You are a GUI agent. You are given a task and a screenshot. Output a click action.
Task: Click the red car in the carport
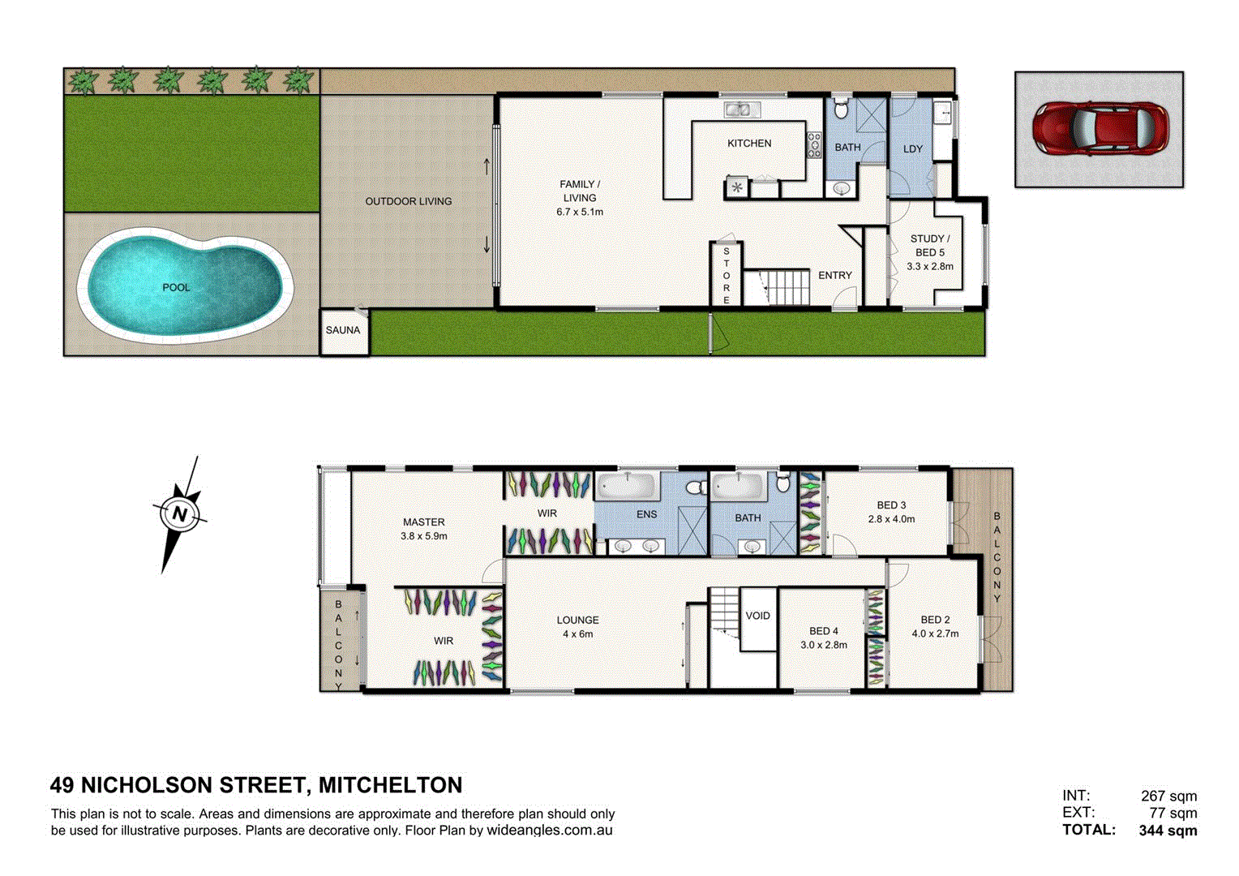click(1100, 127)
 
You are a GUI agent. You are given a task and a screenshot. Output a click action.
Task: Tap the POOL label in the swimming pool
click(176, 287)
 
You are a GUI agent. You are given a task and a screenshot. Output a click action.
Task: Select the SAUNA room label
click(343, 330)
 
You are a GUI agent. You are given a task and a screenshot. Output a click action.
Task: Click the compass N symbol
click(180, 514)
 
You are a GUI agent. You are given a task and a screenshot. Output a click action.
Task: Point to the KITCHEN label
click(749, 144)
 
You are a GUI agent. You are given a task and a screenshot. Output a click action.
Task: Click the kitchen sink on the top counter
click(737, 109)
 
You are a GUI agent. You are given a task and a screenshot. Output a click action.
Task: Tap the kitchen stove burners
click(813, 144)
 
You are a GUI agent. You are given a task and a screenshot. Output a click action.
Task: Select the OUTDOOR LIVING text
click(409, 201)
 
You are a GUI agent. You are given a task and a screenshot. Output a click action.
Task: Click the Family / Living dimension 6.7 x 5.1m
click(580, 212)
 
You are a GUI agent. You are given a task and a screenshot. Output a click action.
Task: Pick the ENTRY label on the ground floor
click(834, 276)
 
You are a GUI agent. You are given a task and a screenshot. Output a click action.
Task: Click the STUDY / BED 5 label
click(930, 245)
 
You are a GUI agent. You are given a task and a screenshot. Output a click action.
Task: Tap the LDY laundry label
click(913, 149)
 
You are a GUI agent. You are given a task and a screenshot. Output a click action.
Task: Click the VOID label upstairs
click(758, 616)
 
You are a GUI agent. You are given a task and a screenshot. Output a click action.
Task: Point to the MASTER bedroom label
click(424, 522)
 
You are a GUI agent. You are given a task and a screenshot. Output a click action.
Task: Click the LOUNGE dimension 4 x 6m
click(578, 634)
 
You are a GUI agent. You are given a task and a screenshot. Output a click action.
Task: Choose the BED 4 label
click(824, 631)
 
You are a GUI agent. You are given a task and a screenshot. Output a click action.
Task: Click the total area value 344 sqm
click(1168, 831)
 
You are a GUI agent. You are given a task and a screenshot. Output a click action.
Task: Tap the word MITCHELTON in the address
click(390, 785)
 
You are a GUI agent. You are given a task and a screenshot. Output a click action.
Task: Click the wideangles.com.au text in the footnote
click(549, 831)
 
